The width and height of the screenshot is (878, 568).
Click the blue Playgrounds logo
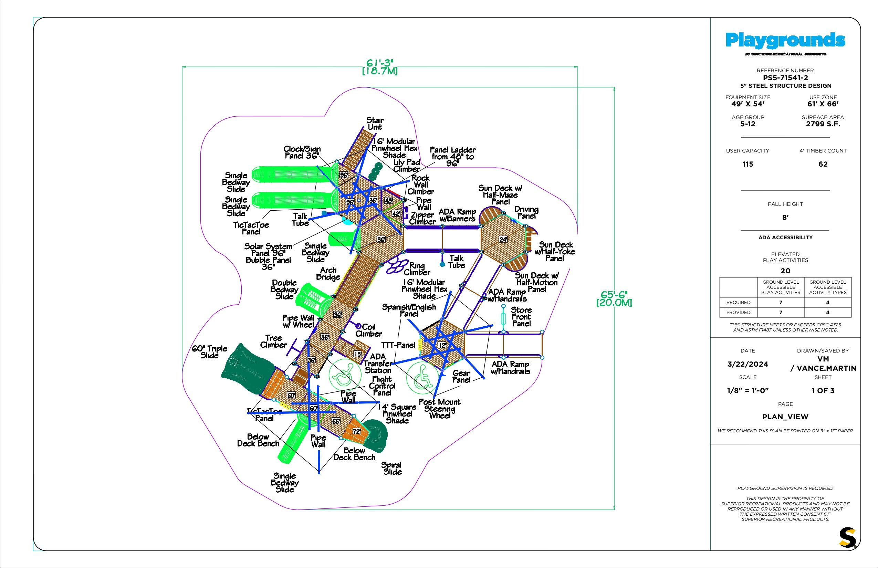785,41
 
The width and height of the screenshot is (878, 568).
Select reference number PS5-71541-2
785,78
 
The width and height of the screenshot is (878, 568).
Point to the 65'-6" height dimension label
614,298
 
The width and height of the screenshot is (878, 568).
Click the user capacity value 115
748,164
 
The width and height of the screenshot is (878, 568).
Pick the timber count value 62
823,164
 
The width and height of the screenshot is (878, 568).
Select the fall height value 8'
785,218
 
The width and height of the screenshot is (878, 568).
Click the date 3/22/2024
748,364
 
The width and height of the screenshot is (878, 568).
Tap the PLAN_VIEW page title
785,417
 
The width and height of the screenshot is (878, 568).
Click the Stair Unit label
375,124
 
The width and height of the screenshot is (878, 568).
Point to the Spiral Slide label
392,468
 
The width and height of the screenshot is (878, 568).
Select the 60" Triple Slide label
210,352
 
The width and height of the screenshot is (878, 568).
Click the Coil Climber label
368,330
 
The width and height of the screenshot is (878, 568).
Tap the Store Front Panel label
521,316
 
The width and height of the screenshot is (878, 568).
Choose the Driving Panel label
526,212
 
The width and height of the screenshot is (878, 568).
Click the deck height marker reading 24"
503,239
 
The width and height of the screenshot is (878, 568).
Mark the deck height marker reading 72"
356,431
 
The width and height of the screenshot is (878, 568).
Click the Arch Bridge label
327,274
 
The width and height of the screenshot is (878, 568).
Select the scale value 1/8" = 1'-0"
748,391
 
